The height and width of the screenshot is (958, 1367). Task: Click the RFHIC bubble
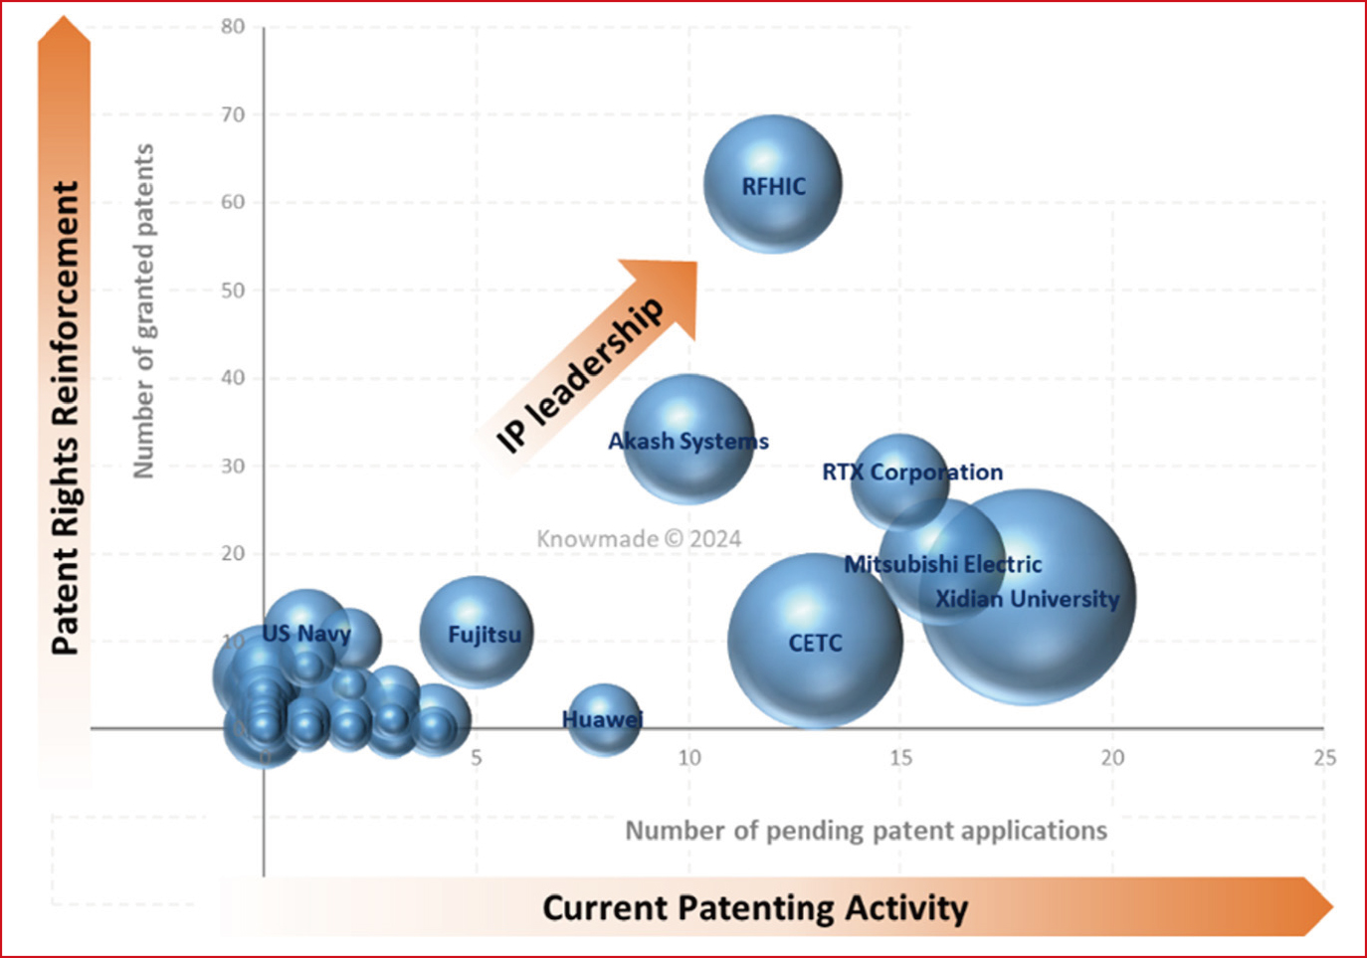773,184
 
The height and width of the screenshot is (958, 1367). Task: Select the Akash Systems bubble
688,439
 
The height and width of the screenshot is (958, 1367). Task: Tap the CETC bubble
815,642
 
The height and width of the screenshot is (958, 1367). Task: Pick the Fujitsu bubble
478,633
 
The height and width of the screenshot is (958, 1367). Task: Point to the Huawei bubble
603,719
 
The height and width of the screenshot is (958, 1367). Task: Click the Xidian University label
1027,599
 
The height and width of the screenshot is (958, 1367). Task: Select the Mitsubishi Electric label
943,564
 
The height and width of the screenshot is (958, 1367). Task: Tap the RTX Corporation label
912,472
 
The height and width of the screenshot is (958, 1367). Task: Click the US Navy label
306,633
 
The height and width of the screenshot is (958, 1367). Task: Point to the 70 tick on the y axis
233,114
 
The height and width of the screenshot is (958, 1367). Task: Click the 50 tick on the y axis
233,290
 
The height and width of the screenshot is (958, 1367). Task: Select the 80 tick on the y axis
233,27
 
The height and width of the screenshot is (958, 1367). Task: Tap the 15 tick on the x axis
900,758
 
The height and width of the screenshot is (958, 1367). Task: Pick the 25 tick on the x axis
1324,758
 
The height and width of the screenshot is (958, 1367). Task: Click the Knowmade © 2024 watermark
639,539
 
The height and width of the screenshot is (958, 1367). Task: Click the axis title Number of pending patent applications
866,831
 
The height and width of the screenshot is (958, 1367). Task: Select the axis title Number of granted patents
144,310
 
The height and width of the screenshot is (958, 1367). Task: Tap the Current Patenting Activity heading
754,908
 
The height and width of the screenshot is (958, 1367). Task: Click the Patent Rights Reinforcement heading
65,418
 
